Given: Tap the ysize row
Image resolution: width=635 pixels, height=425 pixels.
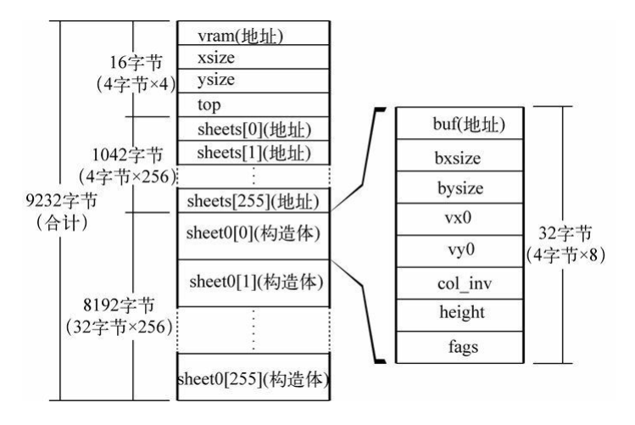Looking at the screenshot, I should pos(253,81).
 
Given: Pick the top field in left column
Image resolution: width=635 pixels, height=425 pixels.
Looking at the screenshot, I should pos(253,105).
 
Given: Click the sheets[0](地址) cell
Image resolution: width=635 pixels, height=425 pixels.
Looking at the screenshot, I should pos(253,129).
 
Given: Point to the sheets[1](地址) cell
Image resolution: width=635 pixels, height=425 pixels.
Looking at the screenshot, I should pos(253,153).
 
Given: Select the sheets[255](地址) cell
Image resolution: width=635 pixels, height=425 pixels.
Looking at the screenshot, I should pos(253,202).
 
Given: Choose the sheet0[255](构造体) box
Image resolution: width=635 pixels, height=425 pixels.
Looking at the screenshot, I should pos(253,377).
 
